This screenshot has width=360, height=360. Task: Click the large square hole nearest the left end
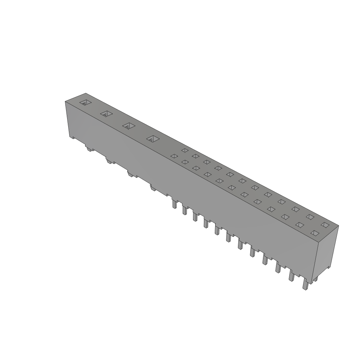click(85, 103)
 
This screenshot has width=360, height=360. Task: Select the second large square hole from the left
click(106, 114)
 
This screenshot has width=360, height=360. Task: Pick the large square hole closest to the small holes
click(153, 139)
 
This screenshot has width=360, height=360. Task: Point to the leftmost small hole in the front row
click(173, 156)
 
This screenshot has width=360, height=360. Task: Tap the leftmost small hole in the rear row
click(184, 150)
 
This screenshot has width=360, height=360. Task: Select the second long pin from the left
click(184, 210)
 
